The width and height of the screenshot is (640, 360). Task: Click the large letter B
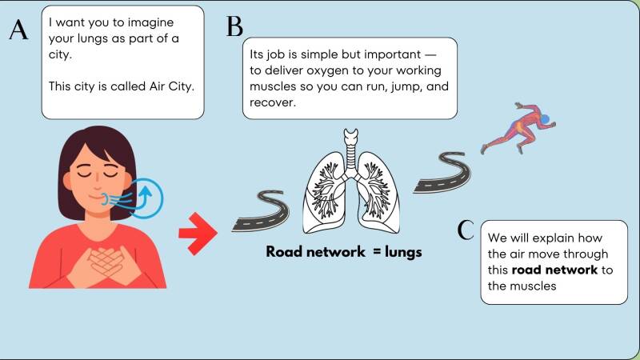tap(234, 26)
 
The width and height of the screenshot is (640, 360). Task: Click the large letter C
tap(466, 230)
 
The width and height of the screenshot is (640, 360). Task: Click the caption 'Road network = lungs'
tap(344, 252)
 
